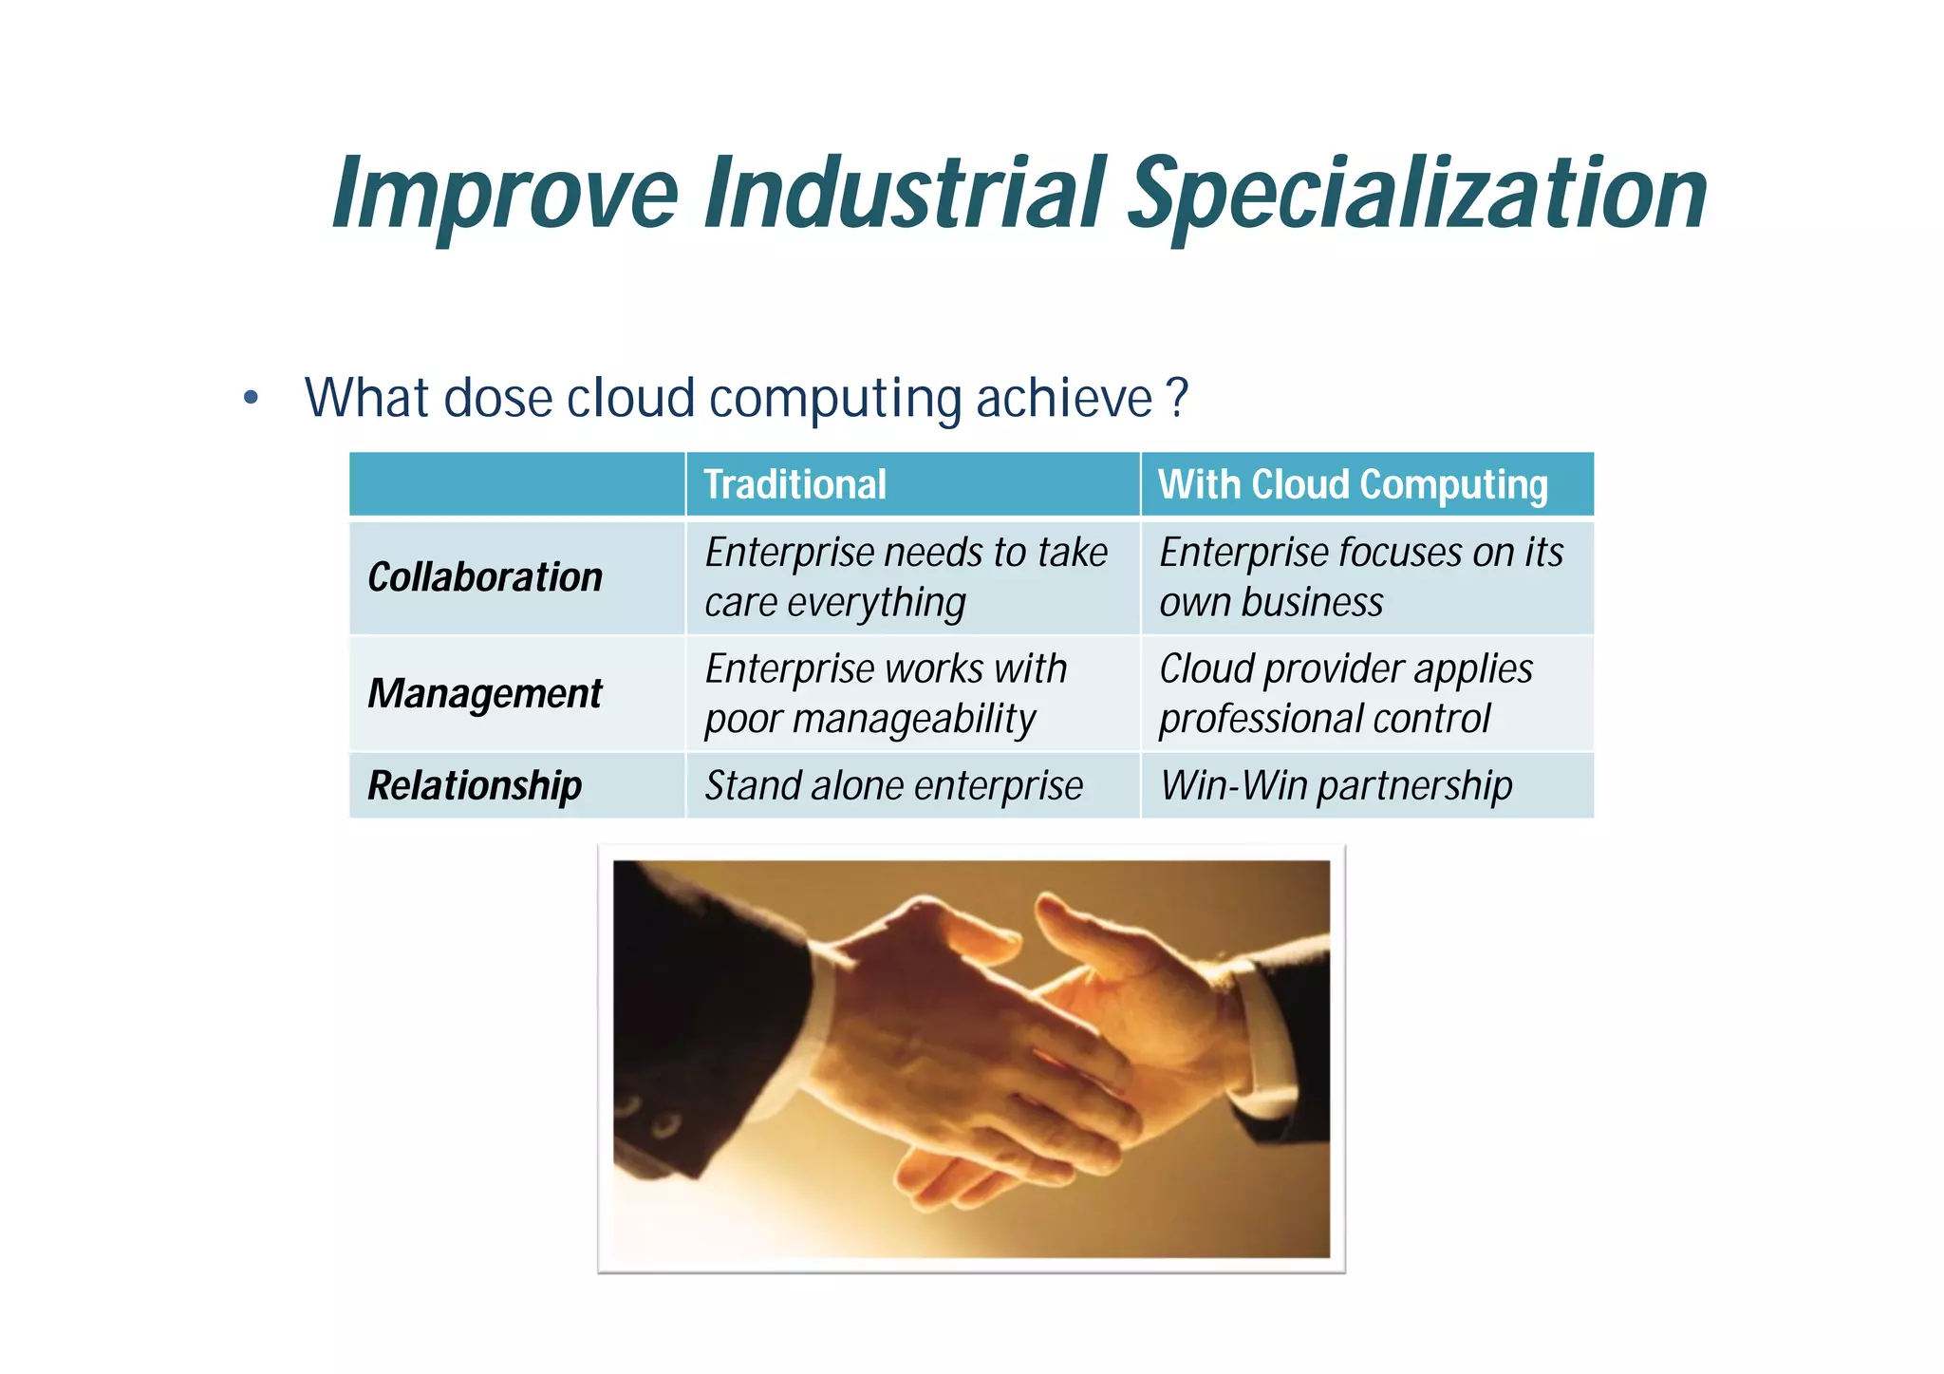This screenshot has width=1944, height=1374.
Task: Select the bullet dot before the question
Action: click(x=251, y=398)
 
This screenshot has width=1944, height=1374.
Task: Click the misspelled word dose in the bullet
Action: click(x=498, y=398)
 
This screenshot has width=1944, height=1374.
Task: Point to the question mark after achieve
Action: click(x=1177, y=398)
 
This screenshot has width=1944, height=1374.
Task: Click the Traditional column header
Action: click(x=795, y=484)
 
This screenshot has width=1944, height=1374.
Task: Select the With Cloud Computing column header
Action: click(x=1353, y=484)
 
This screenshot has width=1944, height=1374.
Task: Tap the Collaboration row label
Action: click(x=485, y=577)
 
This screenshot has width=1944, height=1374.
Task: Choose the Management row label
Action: click(x=485, y=693)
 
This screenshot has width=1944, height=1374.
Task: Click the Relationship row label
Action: click(x=475, y=785)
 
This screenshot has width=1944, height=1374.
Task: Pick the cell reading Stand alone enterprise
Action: click(x=893, y=785)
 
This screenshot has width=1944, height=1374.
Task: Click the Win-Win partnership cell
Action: click(x=1336, y=785)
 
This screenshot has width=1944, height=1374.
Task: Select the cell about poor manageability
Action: click(x=885, y=693)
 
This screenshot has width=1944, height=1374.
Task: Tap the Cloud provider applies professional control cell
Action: click(x=1345, y=693)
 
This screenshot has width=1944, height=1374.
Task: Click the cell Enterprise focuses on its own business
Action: click(x=1360, y=577)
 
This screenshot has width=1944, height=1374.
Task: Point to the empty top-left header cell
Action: click(x=517, y=484)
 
